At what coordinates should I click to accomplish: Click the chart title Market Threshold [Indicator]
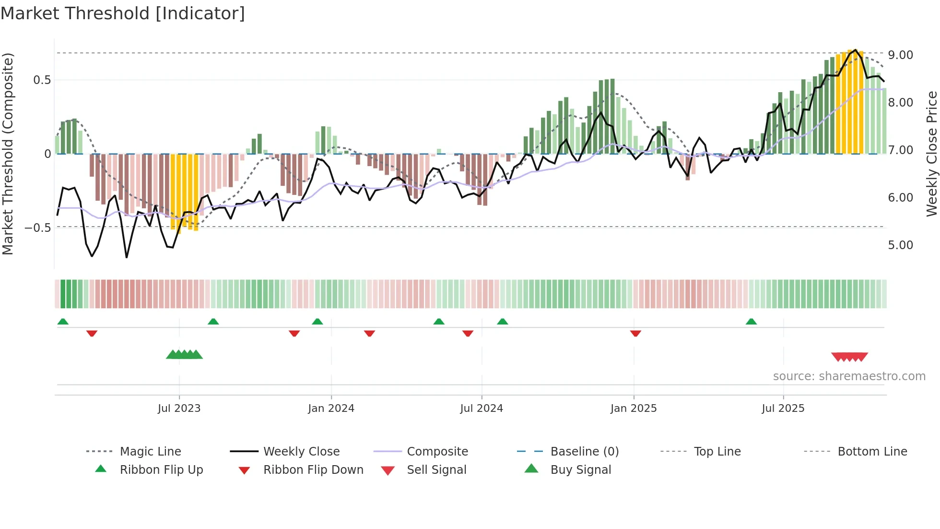tap(123, 13)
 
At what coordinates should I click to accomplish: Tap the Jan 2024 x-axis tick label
tap(331, 409)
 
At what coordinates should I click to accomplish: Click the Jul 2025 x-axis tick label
tap(783, 409)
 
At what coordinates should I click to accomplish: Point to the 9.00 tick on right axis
tap(900, 55)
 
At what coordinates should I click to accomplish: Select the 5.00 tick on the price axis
tap(900, 245)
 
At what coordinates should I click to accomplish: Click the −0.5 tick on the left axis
tap(37, 228)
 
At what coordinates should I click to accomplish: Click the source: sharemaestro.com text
tap(849, 376)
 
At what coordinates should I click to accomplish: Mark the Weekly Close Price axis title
tap(931, 154)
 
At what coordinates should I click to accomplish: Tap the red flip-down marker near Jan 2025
tap(635, 333)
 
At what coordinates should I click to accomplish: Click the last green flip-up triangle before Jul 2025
tap(751, 322)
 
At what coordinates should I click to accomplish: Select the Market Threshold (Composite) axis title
tap(8, 154)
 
